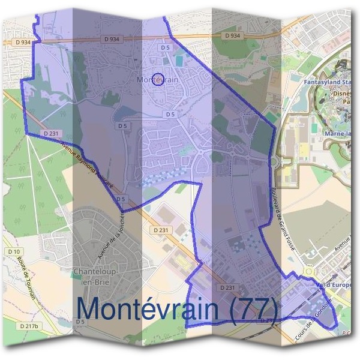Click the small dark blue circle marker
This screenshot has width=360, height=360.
[x=157, y=79]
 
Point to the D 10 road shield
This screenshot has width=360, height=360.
[x=14, y=251]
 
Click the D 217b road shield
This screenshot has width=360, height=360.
[x=28, y=326]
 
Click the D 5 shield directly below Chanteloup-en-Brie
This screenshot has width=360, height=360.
[x=80, y=322]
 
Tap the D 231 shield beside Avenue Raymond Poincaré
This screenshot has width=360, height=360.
[x=50, y=133]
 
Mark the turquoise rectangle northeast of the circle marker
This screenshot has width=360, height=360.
[x=181, y=61]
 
